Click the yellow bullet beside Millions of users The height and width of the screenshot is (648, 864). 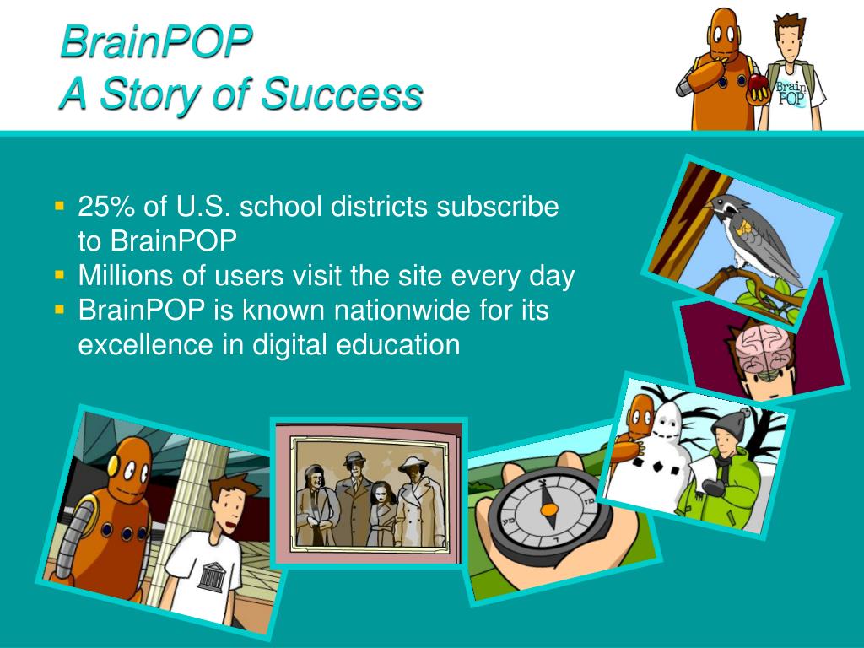tap(60, 275)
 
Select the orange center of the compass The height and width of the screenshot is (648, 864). tap(549, 509)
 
